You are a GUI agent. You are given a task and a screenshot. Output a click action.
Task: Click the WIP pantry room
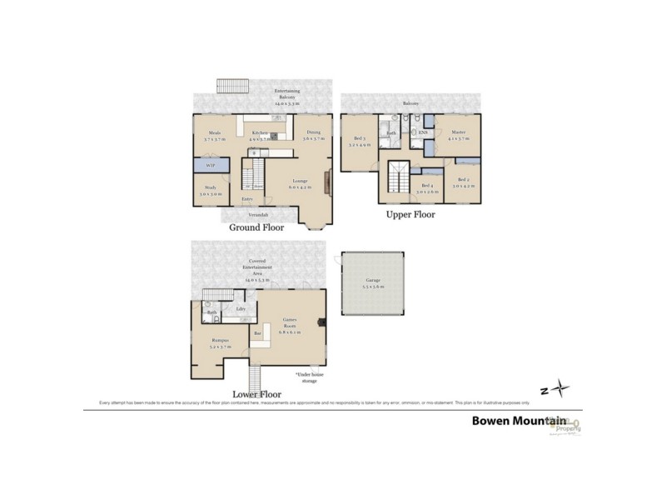pyautogui.click(x=210, y=166)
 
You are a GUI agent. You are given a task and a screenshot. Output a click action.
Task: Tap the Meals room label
pyautogui.click(x=214, y=136)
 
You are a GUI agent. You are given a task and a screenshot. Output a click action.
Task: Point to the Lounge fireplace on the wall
pyautogui.click(x=328, y=180)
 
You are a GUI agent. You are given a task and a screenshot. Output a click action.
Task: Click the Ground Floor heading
pyautogui.click(x=256, y=227)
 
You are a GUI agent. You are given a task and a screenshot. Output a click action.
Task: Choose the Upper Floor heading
pyautogui.click(x=410, y=214)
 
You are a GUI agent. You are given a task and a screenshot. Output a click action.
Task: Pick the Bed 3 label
pyautogui.click(x=360, y=141)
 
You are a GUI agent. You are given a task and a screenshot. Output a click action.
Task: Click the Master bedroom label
pyautogui.click(x=458, y=134)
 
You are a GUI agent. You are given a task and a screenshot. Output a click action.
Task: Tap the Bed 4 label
pyautogui.click(x=428, y=187)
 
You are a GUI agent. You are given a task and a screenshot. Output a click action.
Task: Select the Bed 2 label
pyautogui.click(x=463, y=182)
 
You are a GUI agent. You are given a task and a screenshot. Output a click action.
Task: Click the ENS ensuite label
pyautogui.click(x=422, y=132)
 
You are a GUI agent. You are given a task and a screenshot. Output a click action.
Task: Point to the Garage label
pyautogui.click(x=372, y=282)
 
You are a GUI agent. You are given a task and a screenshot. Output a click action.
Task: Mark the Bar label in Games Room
pyautogui.click(x=257, y=333)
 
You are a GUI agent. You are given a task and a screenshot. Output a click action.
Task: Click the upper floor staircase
pyautogui.click(x=397, y=179)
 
